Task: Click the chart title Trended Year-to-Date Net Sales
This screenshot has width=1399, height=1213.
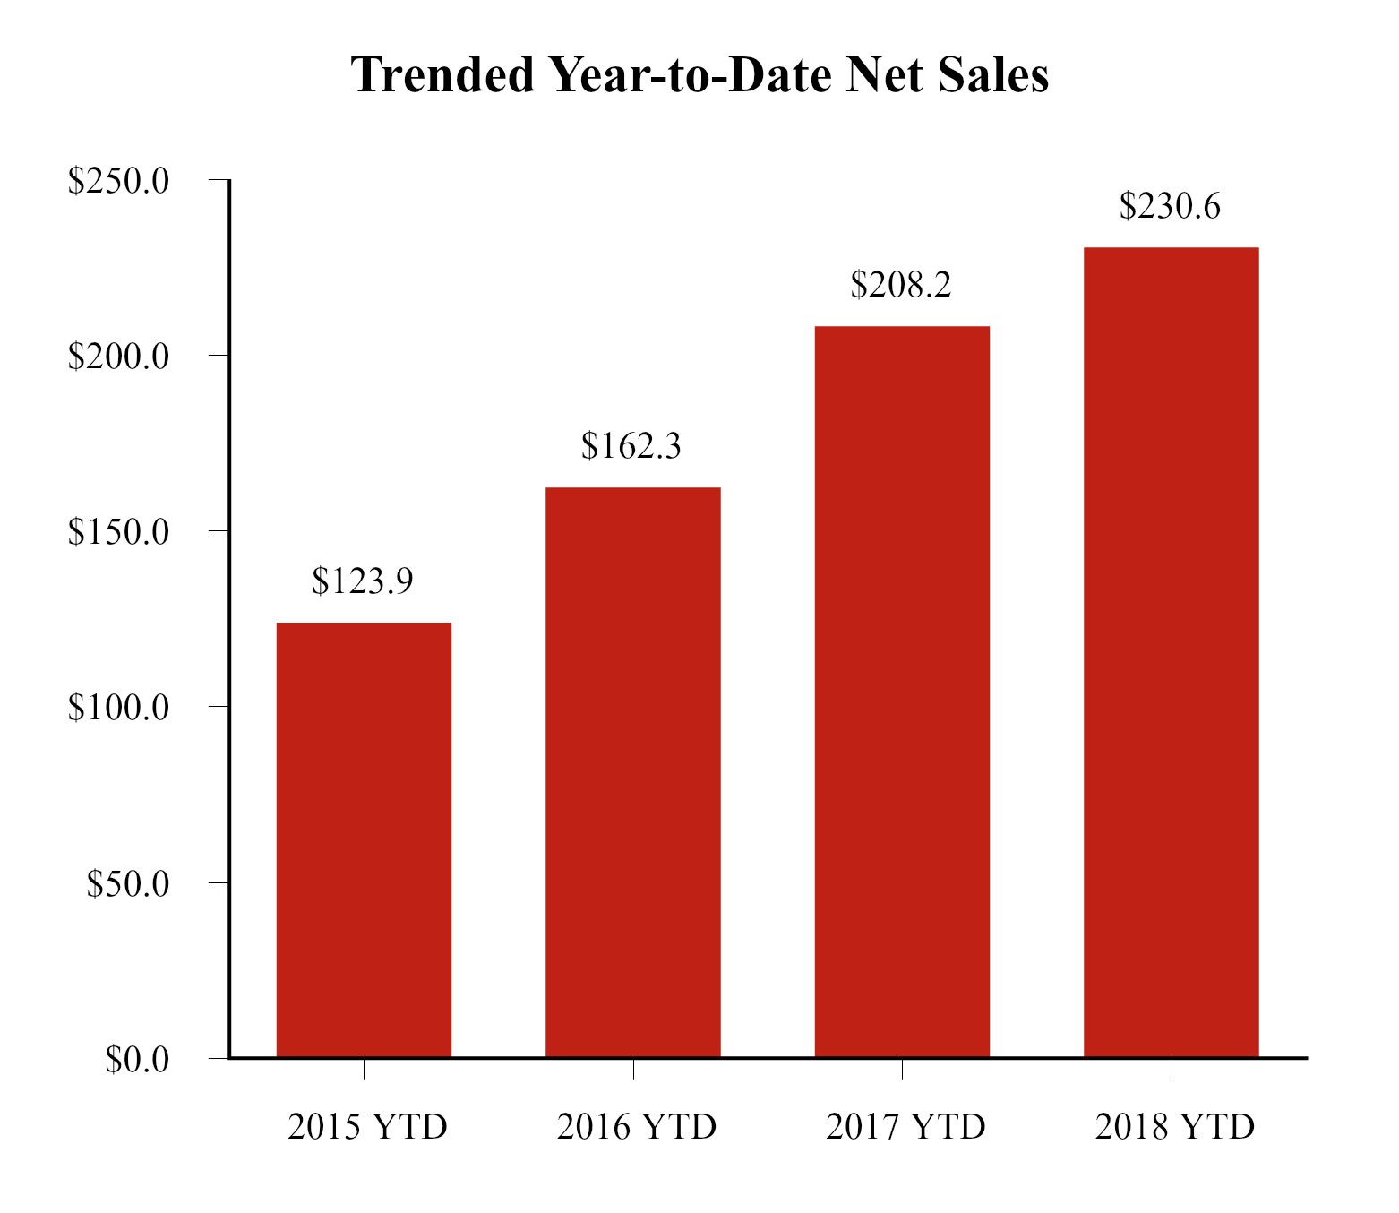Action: tap(699, 74)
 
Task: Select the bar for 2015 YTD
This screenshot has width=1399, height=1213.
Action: tap(364, 839)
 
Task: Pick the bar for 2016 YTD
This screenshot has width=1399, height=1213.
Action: tap(632, 772)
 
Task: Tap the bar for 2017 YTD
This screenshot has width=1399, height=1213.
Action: tap(902, 692)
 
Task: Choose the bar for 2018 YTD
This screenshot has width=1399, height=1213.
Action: tap(1171, 652)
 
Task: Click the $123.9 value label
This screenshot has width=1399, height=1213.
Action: tap(363, 581)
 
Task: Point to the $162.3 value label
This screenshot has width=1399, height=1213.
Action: tap(631, 446)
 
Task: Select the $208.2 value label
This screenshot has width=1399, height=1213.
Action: tap(901, 285)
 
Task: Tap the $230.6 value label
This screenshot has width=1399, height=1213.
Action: tap(1170, 207)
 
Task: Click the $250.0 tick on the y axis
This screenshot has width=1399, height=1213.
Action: tap(118, 181)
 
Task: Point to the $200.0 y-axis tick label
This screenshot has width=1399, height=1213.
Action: tap(118, 357)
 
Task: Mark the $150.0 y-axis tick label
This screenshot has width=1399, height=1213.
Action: tap(118, 532)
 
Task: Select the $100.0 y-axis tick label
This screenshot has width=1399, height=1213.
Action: tap(118, 708)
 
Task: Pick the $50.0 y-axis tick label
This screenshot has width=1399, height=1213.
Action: tap(127, 883)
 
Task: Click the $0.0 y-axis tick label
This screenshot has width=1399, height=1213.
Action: tap(136, 1060)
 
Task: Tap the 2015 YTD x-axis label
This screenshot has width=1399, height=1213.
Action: tap(367, 1127)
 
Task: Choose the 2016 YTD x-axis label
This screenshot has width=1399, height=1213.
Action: tap(637, 1127)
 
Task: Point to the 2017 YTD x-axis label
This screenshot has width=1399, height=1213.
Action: tap(905, 1127)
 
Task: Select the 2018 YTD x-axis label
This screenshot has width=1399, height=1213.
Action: tap(1175, 1127)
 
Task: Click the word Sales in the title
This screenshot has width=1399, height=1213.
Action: tap(993, 74)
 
